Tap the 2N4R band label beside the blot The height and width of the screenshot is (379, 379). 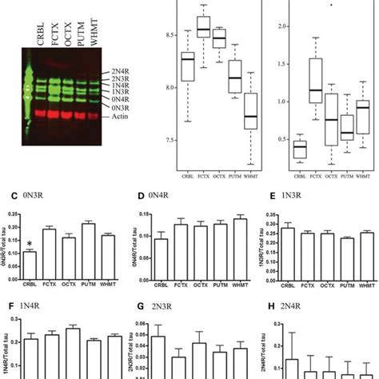pyautogui.click(x=122, y=71)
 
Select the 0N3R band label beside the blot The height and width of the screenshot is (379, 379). pyautogui.click(x=122, y=106)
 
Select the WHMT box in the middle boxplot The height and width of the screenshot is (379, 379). pyautogui.click(x=254, y=110)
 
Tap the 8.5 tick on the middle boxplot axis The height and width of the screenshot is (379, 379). pyautogui.click(x=169, y=35)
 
